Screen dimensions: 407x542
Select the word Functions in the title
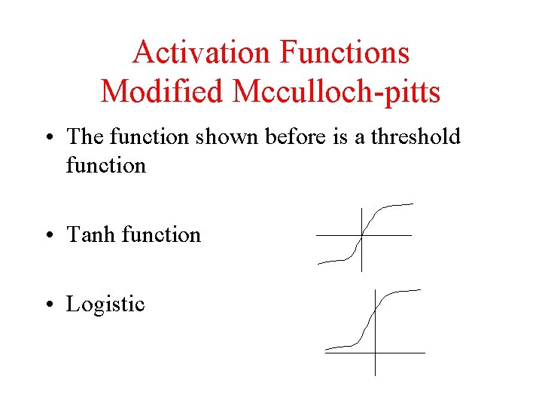click(345, 53)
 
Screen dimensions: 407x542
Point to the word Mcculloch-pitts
click(336, 91)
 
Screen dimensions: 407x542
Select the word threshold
click(407, 136)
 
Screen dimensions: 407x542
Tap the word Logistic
click(105, 304)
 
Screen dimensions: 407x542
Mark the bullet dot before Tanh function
click(49, 236)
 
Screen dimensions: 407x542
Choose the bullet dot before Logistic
click(49, 305)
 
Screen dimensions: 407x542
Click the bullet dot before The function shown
click(49, 138)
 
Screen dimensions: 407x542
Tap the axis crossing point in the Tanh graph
click(362, 235)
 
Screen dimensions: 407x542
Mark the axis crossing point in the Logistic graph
click(375, 352)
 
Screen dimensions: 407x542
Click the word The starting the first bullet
click(85, 136)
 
